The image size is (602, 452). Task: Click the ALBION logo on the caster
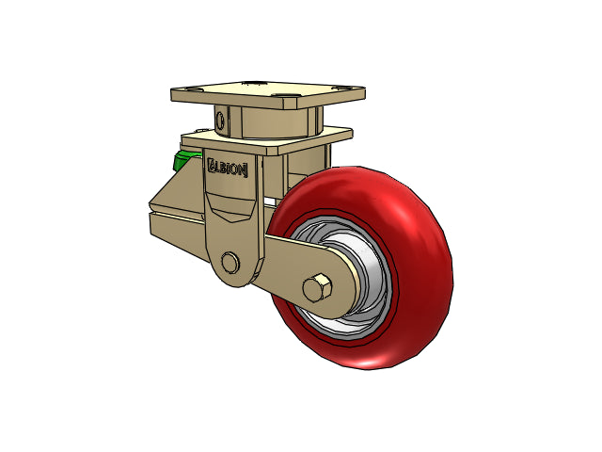point(228,168)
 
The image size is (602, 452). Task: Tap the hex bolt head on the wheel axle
point(318,288)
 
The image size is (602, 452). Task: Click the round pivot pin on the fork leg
point(230,263)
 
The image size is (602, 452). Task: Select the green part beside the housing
point(184,160)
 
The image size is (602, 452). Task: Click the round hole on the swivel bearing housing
point(220,121)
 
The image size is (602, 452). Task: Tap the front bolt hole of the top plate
point(284,95)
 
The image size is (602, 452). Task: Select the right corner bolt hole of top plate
point(342,88)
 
